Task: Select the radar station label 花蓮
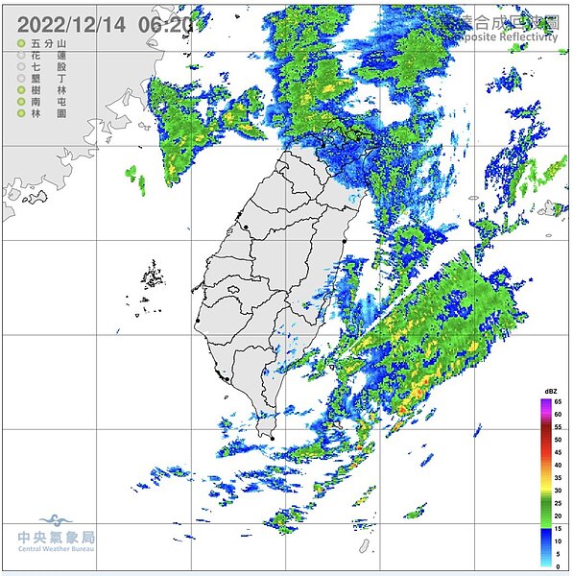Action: pyautogui.click(x=48, y=57)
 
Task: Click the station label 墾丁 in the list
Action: pyautogui.click(x=48, y=79)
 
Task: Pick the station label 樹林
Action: pyautogui.click(x=48, y=90)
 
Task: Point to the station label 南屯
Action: pyautogui.click(x=48, y=102)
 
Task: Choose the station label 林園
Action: pyautogui.click(x=48, y=113)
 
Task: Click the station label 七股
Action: pyautogui.click(x=48, y=68)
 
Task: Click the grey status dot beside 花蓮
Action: pyautogui.click(x=20, y=57)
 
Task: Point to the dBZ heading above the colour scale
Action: pyautogui.click(x=551, y=392)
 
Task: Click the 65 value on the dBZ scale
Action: pyautogui.click(x=559, y=401)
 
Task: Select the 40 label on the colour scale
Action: pyautogui.click(x=559, y=465)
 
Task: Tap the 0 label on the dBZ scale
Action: pyautogui.click(x=559, y=566)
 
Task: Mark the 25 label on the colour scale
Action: pyautogui.click(x=559, y=503)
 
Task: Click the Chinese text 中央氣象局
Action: pyautogui.click(x=57, y=539)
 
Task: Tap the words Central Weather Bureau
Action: pyautogui.click(x=57, y=552)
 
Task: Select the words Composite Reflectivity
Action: pyautogui.click(x=508, y=36)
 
